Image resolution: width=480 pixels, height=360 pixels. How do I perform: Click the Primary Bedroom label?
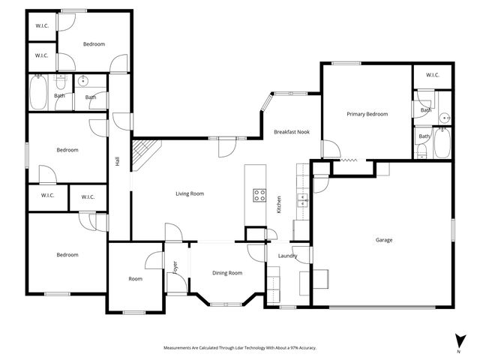point(367,114)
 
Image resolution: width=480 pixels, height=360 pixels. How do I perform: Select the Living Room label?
point(190,193)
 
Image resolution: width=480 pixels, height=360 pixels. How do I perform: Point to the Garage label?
point(384,240)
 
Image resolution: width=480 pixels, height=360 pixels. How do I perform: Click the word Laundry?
point(287,256)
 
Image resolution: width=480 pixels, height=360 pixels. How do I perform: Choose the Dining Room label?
point(226,273)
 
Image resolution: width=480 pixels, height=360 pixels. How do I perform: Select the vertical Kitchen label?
point(279,204)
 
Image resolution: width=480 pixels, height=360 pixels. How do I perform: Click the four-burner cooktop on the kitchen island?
point(259,195)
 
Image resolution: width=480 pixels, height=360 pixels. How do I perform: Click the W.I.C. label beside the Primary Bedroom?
point(432,75)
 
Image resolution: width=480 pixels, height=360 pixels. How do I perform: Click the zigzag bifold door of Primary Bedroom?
point(350,160)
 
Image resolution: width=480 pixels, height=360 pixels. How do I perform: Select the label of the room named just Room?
point(135,279)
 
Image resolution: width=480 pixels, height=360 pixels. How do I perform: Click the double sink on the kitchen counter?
point(302,200)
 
